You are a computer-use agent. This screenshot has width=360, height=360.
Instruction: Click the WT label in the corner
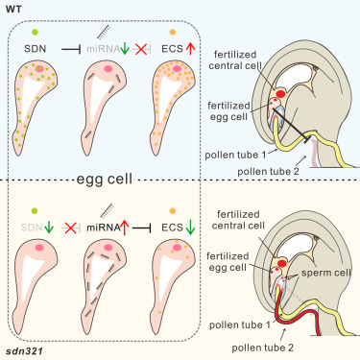pyautogui.click(x=13, y=10)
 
